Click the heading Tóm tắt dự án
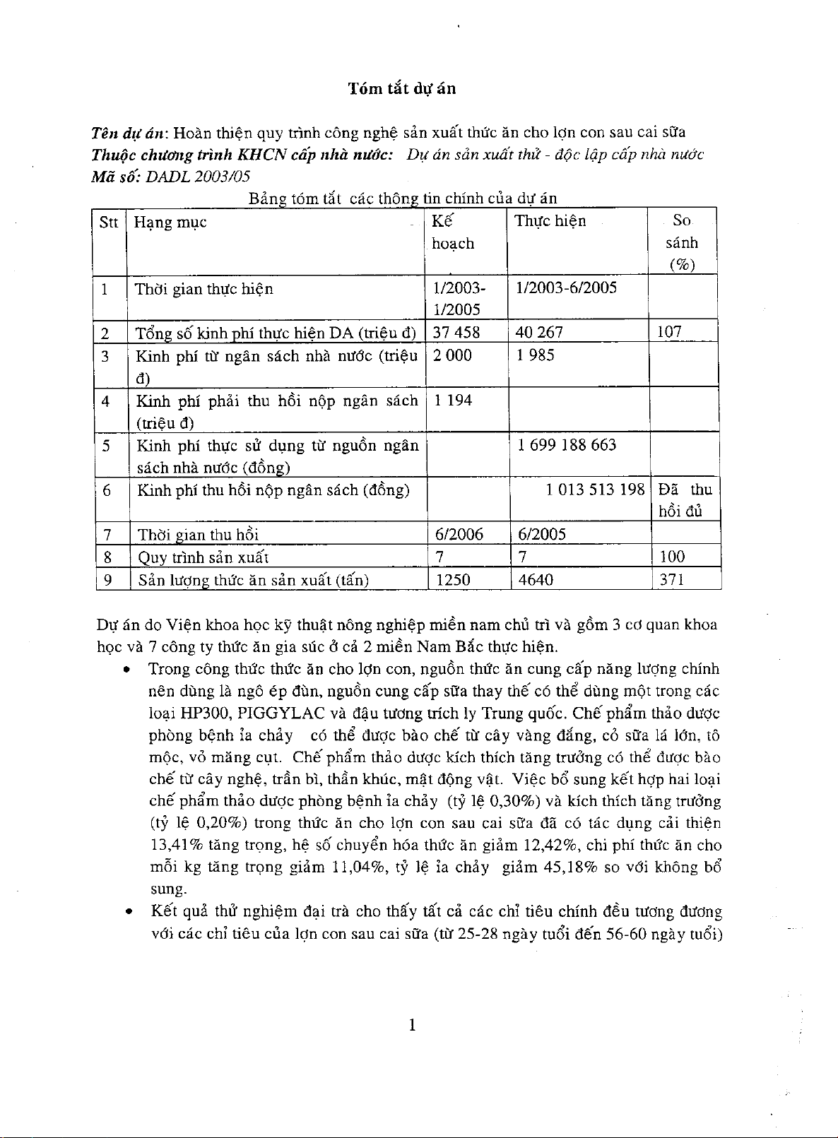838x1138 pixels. (x=401, y=88)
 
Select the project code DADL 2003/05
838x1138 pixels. (x=197, y=176)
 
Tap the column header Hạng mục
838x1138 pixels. (x=170, y=223)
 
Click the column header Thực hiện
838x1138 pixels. (x=550, y=221)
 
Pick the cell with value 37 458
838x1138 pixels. (x=456, y=332)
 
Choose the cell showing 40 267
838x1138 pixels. (x=540, y=332)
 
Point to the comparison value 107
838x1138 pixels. (x=669, y=332)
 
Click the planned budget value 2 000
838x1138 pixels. (x=452, y=355)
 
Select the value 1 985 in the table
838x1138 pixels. (x=536, y=355)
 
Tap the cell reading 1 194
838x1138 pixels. (x=452, y=401)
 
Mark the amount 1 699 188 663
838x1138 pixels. (x=567, y=445)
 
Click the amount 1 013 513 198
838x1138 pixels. (x=595, y=490)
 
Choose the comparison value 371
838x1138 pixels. (x=671, y=580)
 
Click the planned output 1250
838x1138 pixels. (x=454, y=580)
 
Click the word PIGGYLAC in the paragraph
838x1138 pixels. (x=281, y=712)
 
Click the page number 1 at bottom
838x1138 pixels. (x=411, y=1025)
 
